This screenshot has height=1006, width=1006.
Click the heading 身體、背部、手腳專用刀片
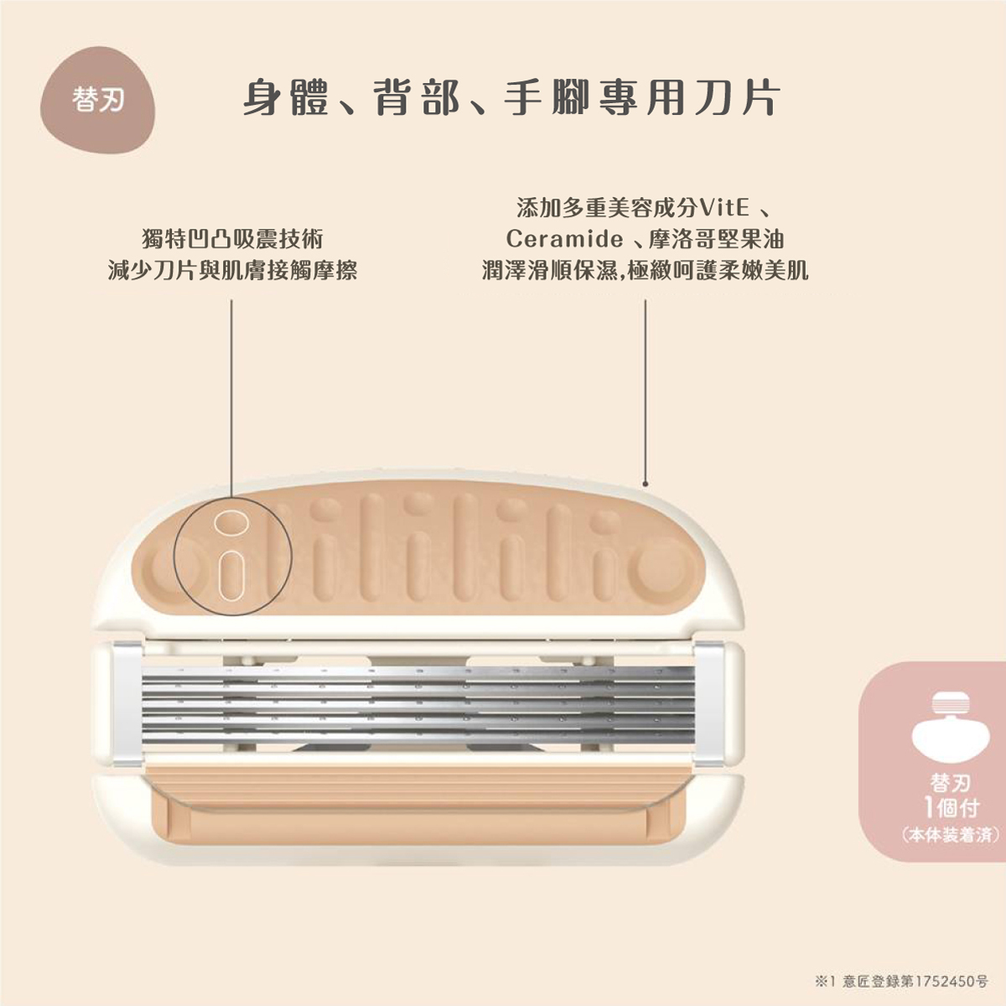[x=512, y=99]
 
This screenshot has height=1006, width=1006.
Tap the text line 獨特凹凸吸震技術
[x=232, y=240]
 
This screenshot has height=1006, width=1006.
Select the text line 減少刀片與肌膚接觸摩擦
[x=232, y=270]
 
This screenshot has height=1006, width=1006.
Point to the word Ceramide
[x=564, y=240]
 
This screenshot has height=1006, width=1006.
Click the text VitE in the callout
[x=723, y=207]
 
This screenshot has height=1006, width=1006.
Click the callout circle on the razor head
[x=232, y=557]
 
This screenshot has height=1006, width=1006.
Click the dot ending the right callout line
[x=646, y=484]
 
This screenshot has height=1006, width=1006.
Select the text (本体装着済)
[x=950, y=836]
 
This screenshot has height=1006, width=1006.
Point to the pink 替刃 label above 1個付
[x=950, y=783]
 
